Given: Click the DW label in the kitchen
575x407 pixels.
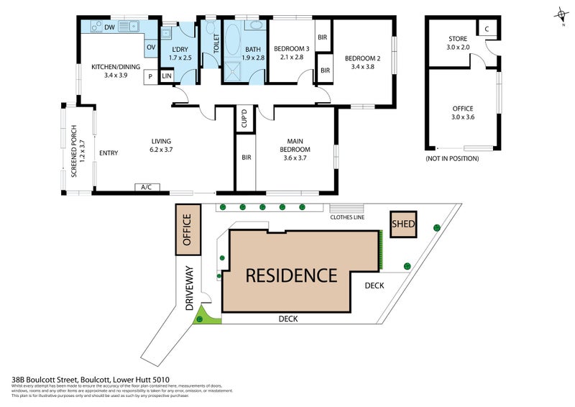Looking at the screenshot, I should point(109,27).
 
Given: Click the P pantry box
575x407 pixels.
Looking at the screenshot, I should point(151,76).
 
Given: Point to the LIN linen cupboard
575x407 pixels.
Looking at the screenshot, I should point(166,76).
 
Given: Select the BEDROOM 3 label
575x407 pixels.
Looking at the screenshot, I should point(290,52).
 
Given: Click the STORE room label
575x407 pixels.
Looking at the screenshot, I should point(458,42).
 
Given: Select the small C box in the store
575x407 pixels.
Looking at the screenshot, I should point(487,29).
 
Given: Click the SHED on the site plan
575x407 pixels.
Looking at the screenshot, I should point(403,224).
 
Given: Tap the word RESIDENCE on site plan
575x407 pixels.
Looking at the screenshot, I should point(291,275).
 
